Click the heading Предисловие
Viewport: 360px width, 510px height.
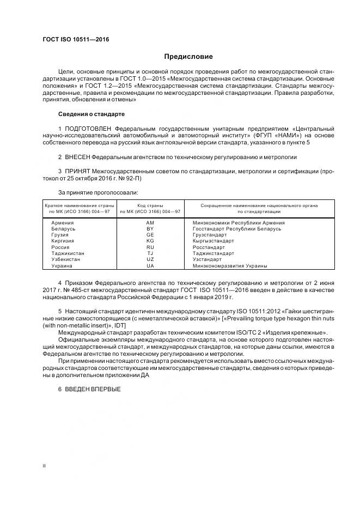pyautogui.click(x=188, y=57)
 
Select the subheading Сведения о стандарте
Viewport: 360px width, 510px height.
pyautogui.click(x=91, y=114)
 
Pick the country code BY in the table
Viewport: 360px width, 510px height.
pyautogui.click(x=150, y=229)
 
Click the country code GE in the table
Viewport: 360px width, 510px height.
pyautogui.click(x=150, y=235)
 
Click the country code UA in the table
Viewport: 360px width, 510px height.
pyautogui.click(x=150, y=266)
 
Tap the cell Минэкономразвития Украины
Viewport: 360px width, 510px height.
pyautogui.click(x=230, y=266)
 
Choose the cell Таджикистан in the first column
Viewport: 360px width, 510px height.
pyautogui.click(x=68, y=253)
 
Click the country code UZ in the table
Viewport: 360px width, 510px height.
pyautogui.click(x=150, y=259)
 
